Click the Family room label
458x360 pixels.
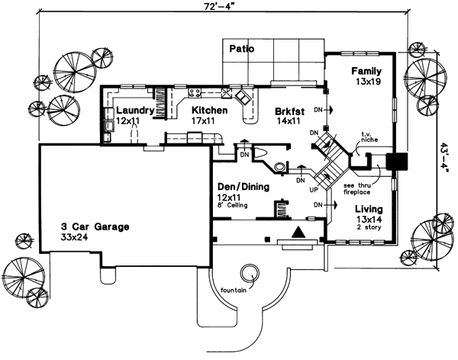pos(366,71)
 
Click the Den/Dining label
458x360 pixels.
pos(240,186)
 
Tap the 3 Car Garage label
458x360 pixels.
pos(95,227)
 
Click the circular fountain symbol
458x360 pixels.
pos(249,271)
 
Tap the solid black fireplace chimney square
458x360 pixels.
pos(397,162)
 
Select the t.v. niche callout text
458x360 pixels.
pos(370,137)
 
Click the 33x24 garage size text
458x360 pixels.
pos(77,238)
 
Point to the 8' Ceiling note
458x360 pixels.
pos(232,206)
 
